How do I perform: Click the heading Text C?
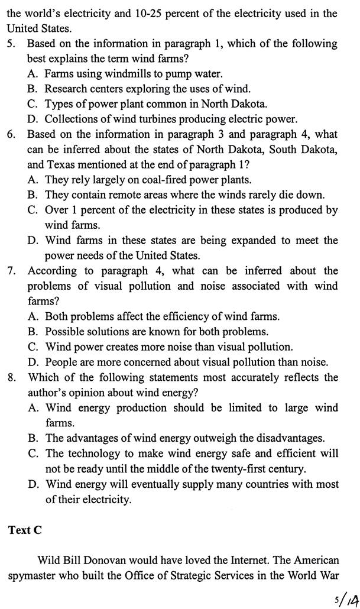tap(25, 530)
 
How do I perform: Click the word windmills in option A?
tap(127, 74)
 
